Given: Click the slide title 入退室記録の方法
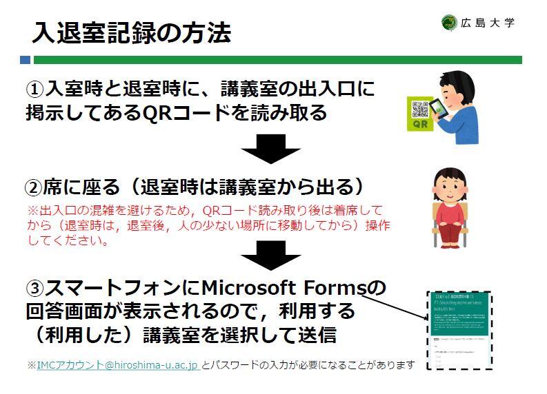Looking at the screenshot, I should [131, 32].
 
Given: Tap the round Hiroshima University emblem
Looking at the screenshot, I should [449, 23].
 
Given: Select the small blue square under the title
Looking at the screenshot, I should [26, 60].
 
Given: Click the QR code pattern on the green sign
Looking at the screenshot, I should [420, 109].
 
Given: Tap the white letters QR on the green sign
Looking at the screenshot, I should [419, 125].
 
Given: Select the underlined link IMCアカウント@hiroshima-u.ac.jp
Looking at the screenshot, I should [118, 364].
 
